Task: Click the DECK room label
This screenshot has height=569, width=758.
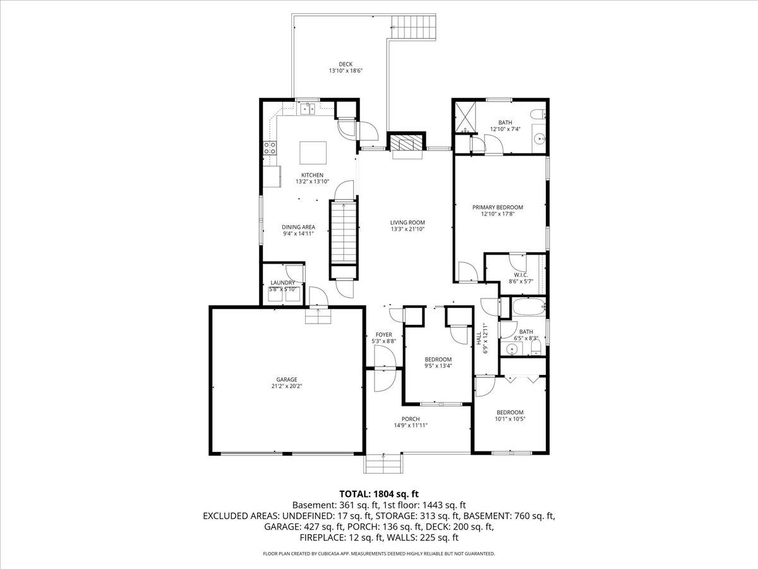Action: point(345,64)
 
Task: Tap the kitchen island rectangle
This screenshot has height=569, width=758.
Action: point(313,152)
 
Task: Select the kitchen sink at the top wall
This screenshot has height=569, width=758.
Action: point(308,109)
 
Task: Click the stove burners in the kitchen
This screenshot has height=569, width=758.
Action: point(270,149)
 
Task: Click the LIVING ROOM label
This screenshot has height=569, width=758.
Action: point(407,223)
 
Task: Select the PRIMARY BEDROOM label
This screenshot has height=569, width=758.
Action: point(498,207)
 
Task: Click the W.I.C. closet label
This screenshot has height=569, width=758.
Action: point(520,275)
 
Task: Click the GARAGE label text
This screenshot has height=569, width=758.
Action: point(286,379)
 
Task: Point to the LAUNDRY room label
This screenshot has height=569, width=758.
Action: point(282,283)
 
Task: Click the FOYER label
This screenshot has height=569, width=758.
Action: point(384,334)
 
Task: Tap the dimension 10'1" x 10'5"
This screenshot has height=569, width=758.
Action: point(509,419)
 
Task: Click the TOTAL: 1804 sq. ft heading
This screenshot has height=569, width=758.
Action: point(379,493)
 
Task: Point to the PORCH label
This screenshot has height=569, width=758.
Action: point(411,419)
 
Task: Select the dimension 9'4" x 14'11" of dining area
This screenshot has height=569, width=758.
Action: point(299,234)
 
